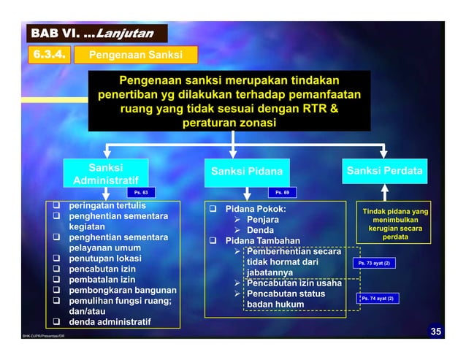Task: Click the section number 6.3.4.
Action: tap(50, 55)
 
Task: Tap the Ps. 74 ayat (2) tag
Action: tap(381, 299)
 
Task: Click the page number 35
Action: tap(435, 333)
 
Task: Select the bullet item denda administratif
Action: tap(110, 322)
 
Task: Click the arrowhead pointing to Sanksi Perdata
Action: tap(384, 152)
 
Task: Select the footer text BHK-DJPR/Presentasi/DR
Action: tap(44, 337)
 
